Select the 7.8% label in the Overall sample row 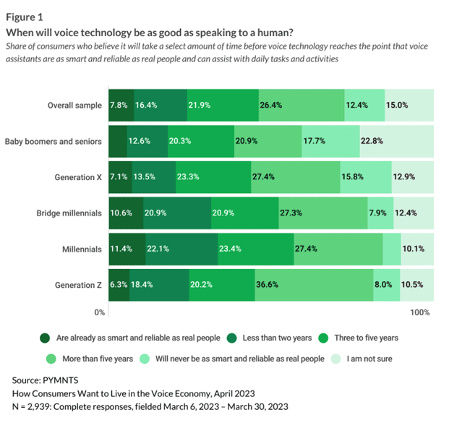point(118,105)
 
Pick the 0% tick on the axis point(101,312)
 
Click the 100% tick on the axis point(420,312)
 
